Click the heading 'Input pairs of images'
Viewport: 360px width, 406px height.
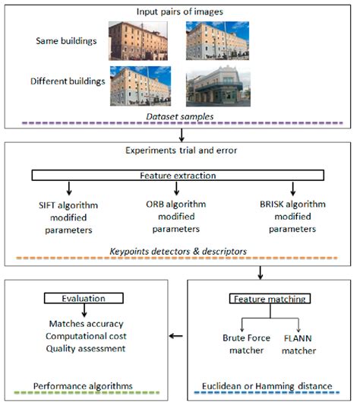(x=179, y=11)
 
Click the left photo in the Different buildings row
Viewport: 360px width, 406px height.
(x=140, y=85)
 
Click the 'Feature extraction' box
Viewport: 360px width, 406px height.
(x=178, y=176)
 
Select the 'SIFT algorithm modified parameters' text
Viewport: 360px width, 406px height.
(x=69, y=217)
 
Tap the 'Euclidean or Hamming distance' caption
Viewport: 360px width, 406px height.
(x=271, y=385)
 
